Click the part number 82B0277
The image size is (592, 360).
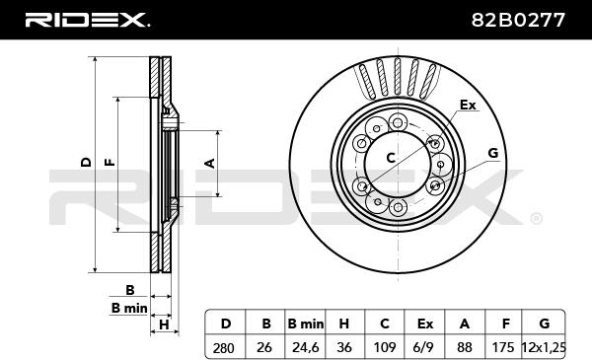tap(518, 20)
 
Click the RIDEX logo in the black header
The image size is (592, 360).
tap(87, 20)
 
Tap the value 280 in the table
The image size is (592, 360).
tap(224, 347)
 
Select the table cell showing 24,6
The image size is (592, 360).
tap(306, 347)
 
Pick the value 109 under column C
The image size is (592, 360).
tap(384, 347)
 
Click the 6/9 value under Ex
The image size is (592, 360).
tap(423, 347)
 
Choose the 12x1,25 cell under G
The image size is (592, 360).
tap(544, 347)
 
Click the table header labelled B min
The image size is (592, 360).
tap(306, 324)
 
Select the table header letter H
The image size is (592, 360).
tap(344, 324)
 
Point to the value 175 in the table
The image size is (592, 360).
tap(503, 347)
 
